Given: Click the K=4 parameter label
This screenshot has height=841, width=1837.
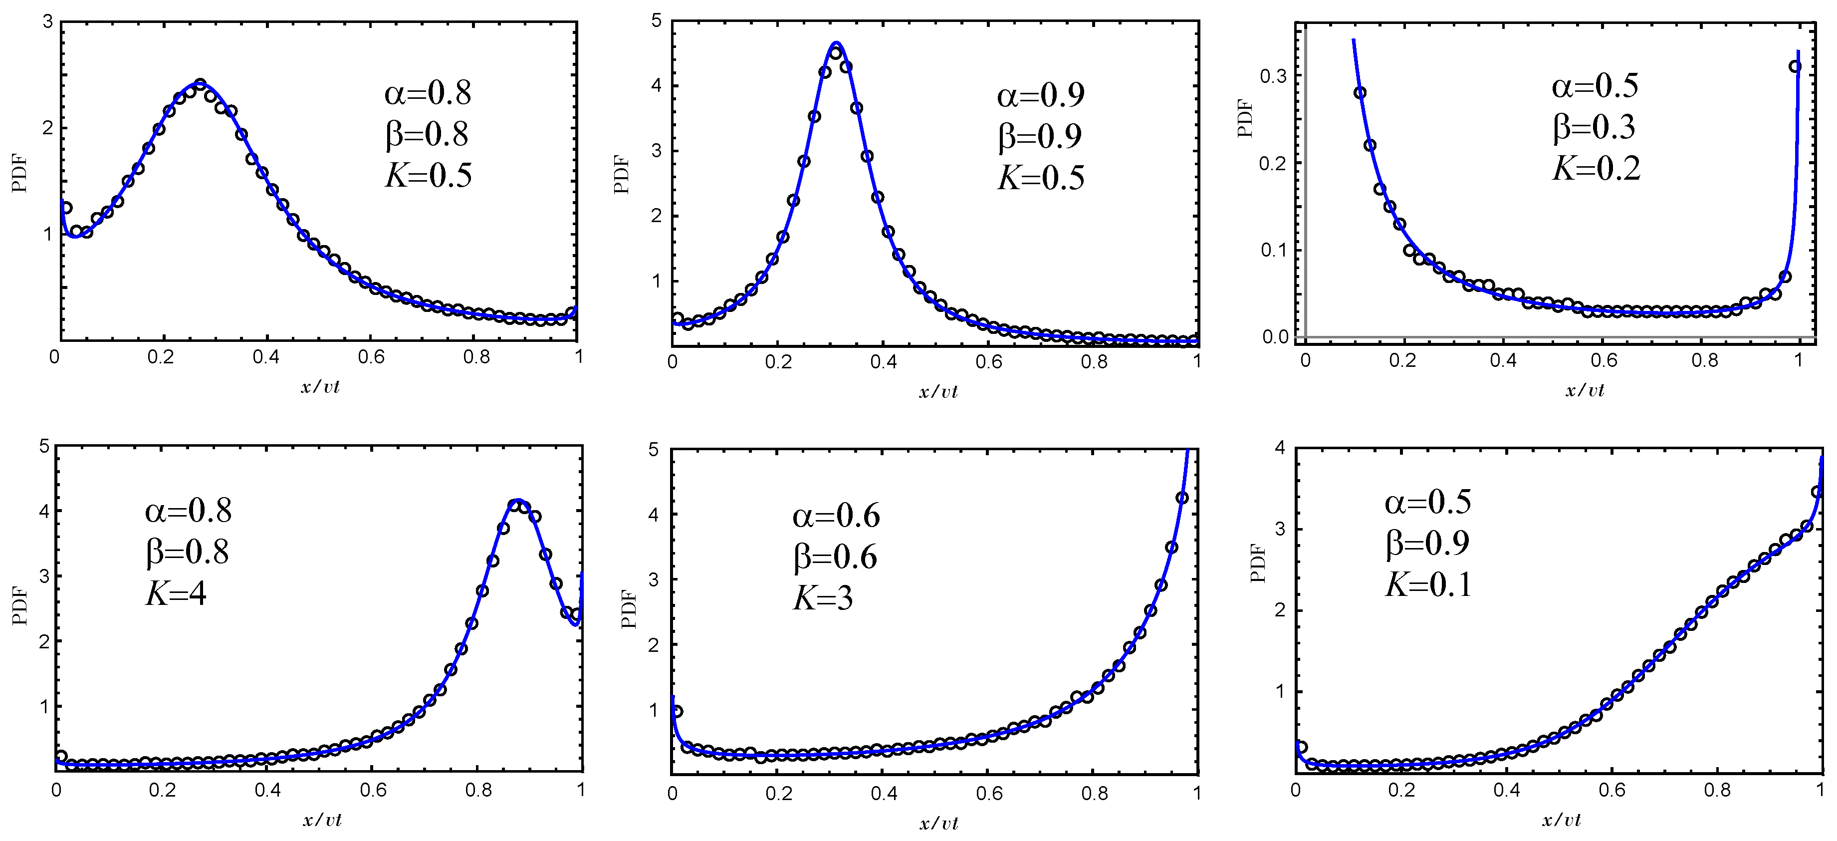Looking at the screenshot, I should (176, 593).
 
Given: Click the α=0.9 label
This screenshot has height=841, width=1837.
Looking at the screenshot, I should (1040, 95).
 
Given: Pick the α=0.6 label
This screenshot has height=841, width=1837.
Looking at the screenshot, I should (836, 516).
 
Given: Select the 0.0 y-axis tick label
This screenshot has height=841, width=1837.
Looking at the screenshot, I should (1274, 337).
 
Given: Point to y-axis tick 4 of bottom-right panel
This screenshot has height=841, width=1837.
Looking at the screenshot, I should (1279, 448).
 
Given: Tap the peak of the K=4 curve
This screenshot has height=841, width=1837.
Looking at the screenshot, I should (518, 500).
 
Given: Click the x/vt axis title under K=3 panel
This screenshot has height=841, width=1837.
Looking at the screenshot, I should (938, 824).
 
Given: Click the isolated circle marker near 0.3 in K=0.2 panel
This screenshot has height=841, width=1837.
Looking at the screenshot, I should (1796, 66).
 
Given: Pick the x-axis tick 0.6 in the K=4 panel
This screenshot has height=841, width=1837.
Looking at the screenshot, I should (373, 791).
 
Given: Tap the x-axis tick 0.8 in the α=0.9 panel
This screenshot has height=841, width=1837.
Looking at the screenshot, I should (1094, 362).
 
